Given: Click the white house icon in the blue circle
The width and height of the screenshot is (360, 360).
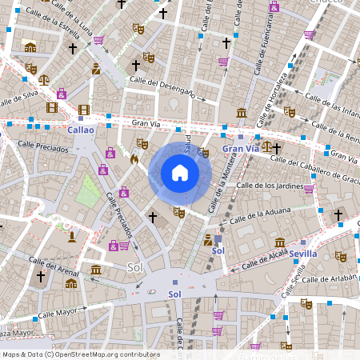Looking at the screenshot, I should tap(180, 172).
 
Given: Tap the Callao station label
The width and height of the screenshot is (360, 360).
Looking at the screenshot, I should tap(81, 129).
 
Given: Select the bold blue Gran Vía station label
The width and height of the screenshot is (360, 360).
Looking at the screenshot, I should tap(241, 148).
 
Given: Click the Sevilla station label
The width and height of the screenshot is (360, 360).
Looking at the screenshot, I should tap(303, 253).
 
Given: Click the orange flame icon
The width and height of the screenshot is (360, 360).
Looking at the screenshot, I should tap(134, 158).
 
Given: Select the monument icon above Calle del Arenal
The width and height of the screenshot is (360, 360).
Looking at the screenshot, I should tap(72, 237).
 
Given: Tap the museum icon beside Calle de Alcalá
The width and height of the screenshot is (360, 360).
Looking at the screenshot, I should tap(279, 242).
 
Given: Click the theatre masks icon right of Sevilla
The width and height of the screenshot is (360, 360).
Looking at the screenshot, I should tap(341, 257).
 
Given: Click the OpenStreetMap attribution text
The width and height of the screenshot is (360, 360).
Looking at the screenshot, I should tap(80, 354).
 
